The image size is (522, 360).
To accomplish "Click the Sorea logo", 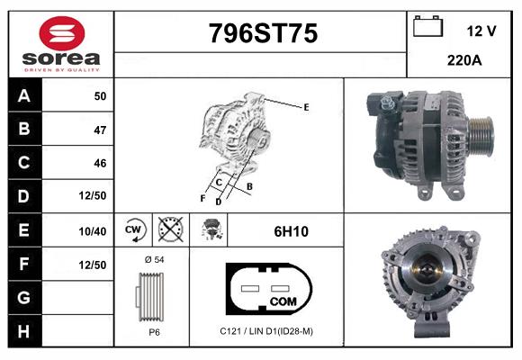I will coord(59,44).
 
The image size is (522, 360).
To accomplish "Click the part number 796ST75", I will coord(263,34).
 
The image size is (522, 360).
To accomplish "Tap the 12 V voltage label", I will coord(481,31).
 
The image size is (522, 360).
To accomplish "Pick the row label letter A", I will coord(23,96).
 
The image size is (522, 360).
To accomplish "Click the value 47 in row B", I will coord(99,130).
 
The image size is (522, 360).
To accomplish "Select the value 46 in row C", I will coord(99,163).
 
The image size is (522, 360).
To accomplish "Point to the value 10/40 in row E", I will coord(93,231).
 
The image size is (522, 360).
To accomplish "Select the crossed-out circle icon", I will coord(168,231).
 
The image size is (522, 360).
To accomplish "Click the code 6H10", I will coord(291,231).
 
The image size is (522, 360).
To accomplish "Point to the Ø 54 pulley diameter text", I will coord(154,259).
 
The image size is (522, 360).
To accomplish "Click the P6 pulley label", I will coord(154,332).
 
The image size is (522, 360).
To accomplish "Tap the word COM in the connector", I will coord(283,301).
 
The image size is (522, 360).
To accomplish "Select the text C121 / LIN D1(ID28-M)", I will coord(266,331).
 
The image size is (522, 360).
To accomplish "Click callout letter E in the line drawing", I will coord(306,107).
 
